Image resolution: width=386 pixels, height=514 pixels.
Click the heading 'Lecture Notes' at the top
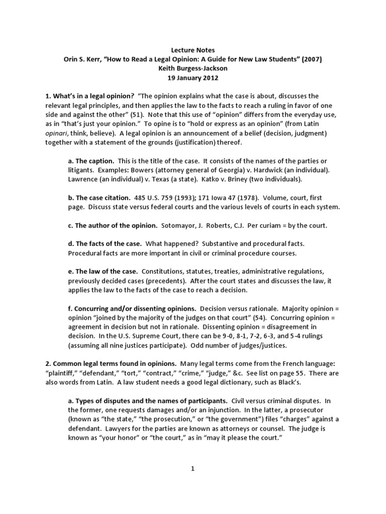click(193, 50)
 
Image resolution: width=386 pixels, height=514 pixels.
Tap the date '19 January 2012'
click(193, 78)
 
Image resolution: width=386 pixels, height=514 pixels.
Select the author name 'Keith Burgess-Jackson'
click(193, 69)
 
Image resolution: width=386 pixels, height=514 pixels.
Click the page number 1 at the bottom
click(192, 468)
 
